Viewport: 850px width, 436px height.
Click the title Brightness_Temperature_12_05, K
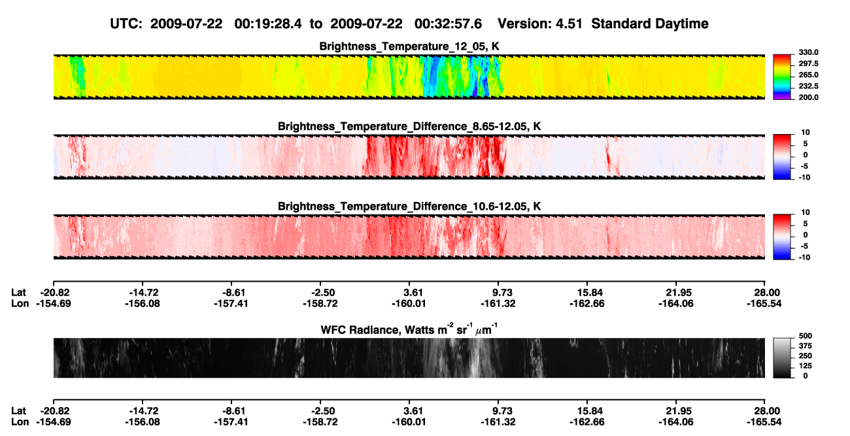(409, 46)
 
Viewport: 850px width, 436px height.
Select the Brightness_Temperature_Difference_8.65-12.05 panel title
(409, 126)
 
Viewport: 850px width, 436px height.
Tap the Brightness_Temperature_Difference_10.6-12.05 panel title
(409, 207)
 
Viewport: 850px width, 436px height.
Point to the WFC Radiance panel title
(409, 329)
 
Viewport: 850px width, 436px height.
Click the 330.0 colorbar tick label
(808, 52)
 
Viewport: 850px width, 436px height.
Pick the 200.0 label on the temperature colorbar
(808, 97)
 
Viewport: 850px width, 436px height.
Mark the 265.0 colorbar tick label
(808, 75)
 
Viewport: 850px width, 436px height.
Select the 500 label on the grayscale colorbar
(806, 336)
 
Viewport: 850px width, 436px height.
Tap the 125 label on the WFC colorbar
(806, 366)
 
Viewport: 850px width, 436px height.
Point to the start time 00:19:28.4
(268, 24)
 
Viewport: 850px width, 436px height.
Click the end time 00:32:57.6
(448, 24)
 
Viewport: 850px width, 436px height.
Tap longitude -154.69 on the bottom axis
(54, 422)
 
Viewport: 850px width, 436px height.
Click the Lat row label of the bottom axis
(18, 411)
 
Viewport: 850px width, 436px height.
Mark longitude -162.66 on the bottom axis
(587, 422)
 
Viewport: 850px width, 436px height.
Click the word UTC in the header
(126, 24)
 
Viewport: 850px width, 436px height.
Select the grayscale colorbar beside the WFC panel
(782, 358)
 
